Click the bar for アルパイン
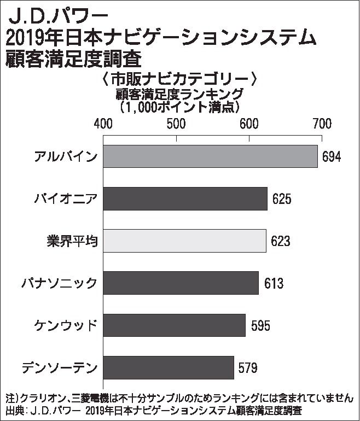point(210,156)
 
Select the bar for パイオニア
point(185,198)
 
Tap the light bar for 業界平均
point(184,241)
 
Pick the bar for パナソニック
point(181,283)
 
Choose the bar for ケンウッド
point(174,325)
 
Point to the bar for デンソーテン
point(169,367)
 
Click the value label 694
point(331,157)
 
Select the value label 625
point(281,199)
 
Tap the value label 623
point(280,241)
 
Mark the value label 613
point(272,283)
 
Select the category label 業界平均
point(72,241)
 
